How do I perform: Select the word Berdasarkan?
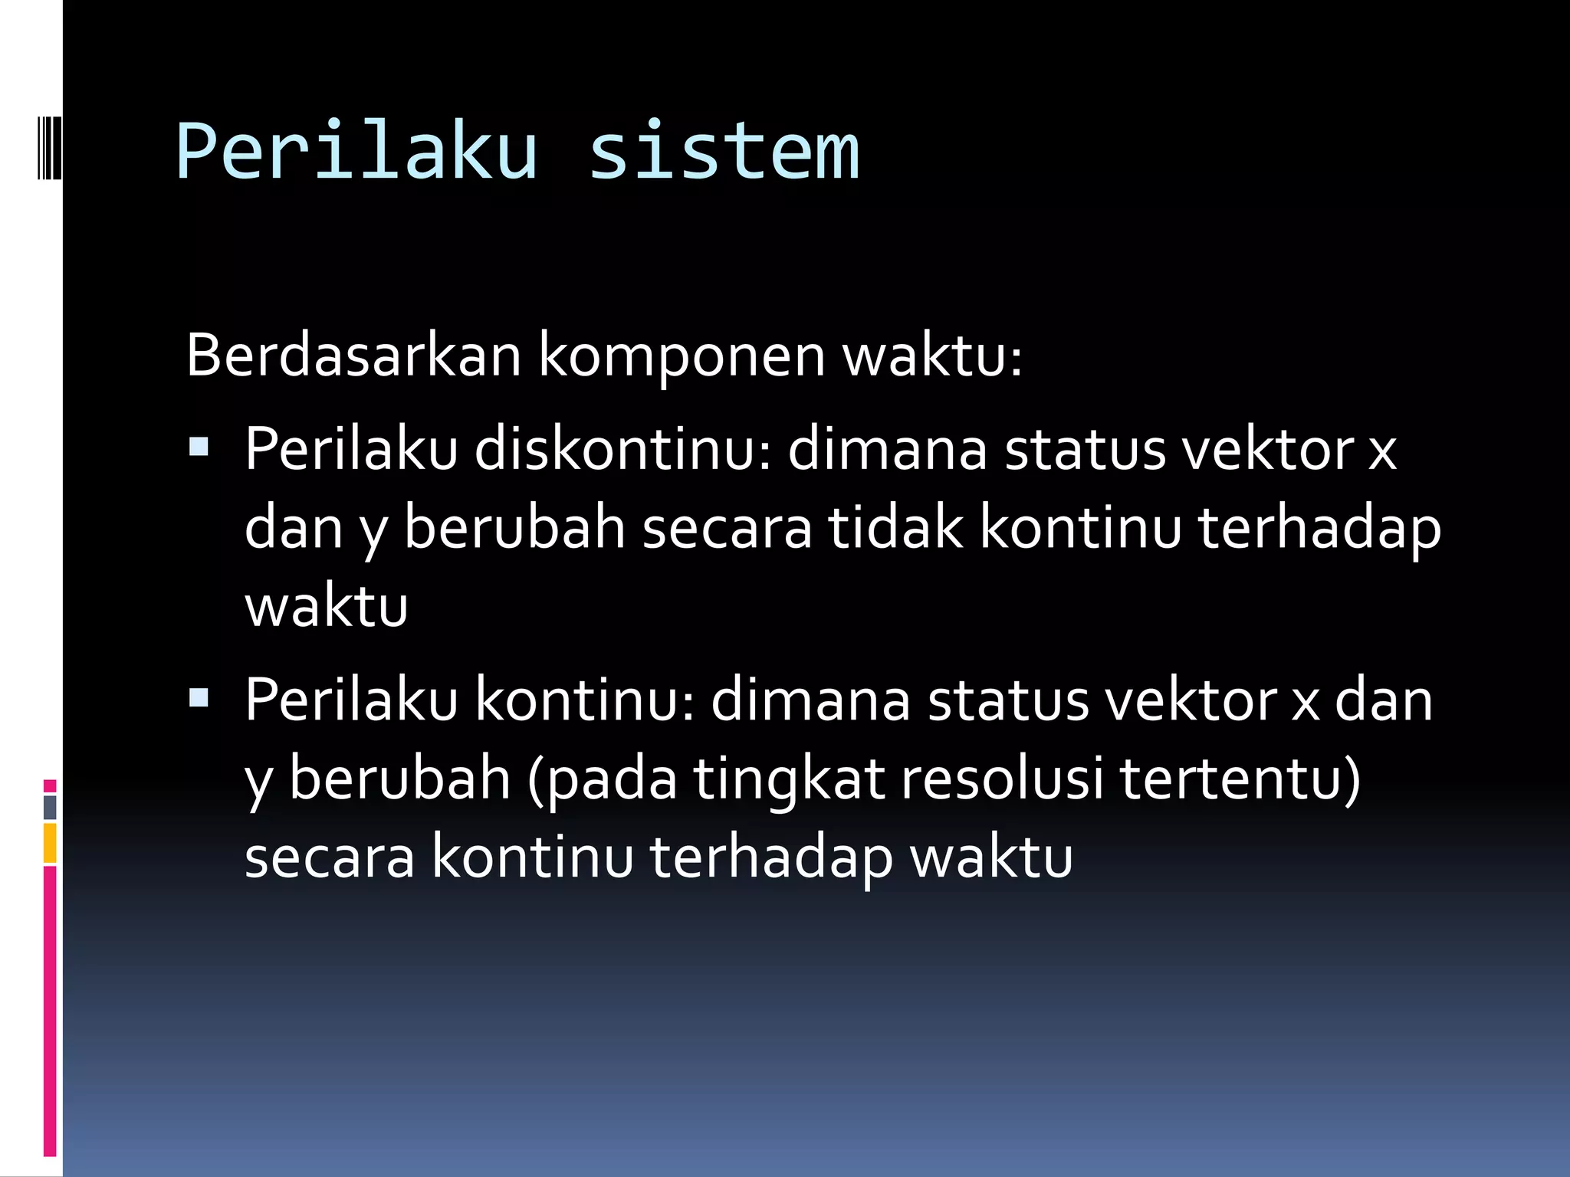353,356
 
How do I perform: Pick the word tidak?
895,528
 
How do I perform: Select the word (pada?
602,780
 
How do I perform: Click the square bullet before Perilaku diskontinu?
199,447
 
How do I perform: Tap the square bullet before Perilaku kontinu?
199,697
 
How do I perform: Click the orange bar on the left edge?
50,842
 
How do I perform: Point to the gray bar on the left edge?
50,807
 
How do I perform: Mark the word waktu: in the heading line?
932,356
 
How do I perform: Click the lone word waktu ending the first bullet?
326,607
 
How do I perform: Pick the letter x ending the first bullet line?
1382,451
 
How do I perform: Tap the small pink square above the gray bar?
50,785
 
